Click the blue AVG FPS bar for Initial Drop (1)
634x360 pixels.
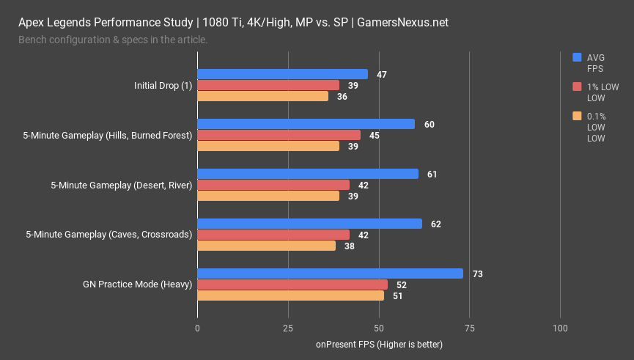(282, 74)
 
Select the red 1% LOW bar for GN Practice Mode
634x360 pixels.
(292, 284)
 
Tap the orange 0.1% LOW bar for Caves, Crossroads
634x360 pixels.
(266, 246)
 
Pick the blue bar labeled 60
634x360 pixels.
(306, 124)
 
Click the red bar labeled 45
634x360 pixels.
(279, 135)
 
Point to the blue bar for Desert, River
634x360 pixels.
(308, 174)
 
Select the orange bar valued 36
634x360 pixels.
(262, 96)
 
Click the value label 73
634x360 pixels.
(476, 273)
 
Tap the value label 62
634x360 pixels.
(436, 224)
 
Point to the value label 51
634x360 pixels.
(397, 295)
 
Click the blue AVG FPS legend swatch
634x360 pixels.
(577, 56)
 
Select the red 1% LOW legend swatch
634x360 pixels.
(577, 87)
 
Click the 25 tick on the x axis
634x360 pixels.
(288, 328)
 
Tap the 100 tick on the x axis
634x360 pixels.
(560, 328)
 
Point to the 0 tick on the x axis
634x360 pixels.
(198, 328)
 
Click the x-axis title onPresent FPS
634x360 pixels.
(379, 344)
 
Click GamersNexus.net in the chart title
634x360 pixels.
(402, 22)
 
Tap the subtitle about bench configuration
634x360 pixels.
(113, 39)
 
